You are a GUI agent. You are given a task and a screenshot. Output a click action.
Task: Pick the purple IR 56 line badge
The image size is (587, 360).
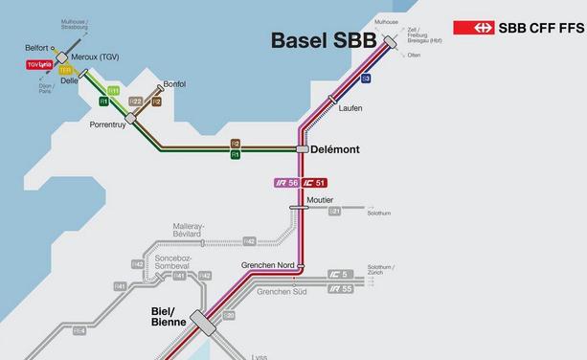pyautogui.click(x=286, y=182)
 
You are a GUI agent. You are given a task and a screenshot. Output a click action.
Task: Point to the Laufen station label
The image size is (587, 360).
pyautogui.click(x=350, y=108)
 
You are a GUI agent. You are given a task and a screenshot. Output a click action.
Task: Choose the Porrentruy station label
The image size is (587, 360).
pyautogui.click(x=108, y=125)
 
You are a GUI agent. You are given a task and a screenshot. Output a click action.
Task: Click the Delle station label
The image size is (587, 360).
pyautogui.click(x=69, y=81)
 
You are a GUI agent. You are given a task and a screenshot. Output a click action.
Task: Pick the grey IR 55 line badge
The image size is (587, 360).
pyautogui.click(x=340, y=288)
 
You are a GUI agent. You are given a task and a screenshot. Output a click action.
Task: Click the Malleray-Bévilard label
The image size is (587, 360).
pyautogui.click(x=200, y=230)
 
